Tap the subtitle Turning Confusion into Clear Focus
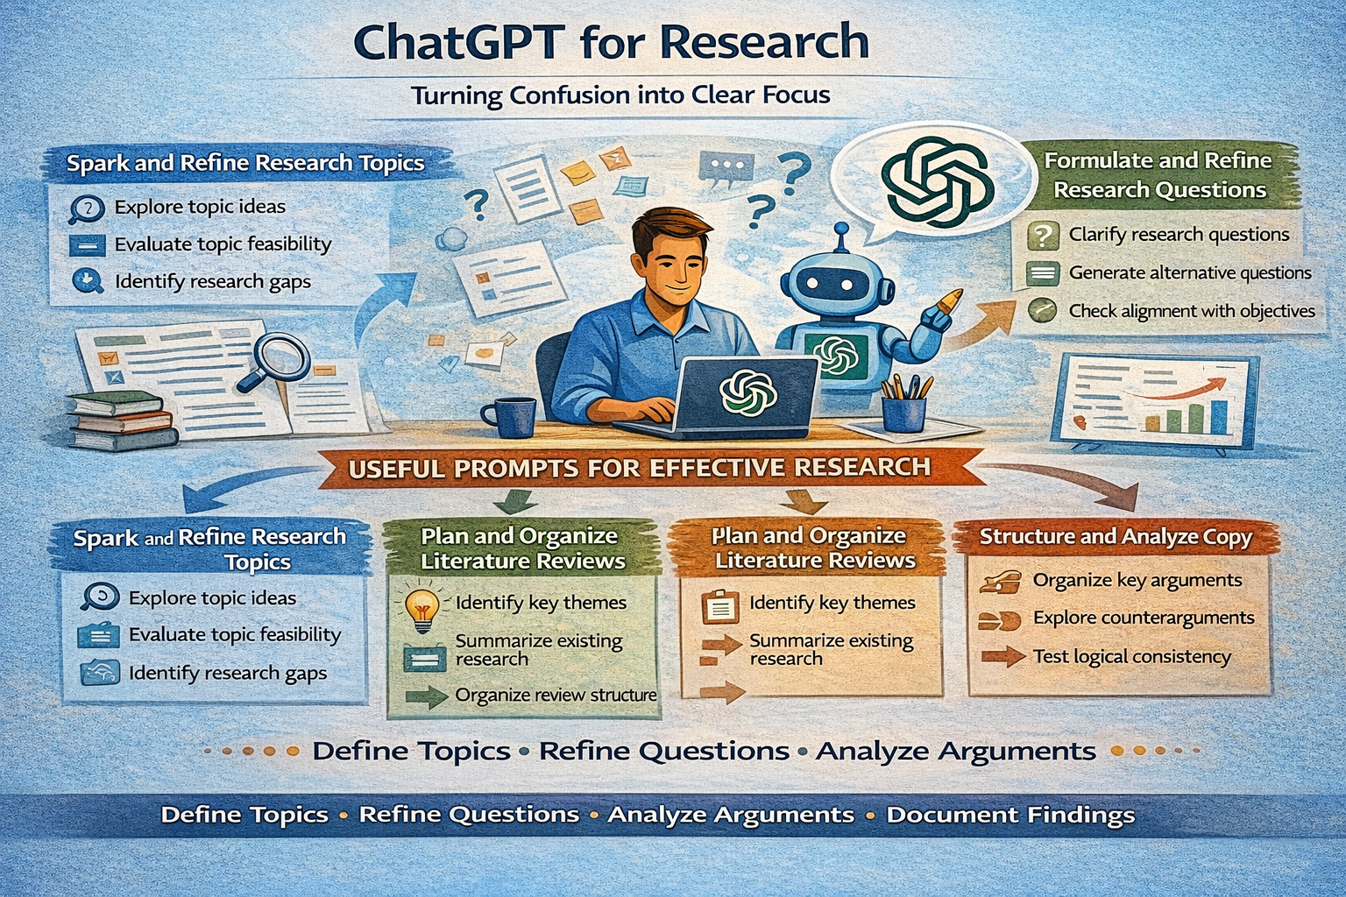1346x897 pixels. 620,95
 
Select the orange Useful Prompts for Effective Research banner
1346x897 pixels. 640,468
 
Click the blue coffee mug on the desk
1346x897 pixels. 510,416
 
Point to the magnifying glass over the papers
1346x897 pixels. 279,360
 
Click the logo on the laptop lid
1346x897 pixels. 747,392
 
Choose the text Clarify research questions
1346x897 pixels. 1179,235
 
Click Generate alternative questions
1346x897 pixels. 1189,273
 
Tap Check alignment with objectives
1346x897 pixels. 1191,311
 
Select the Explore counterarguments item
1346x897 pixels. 1143,618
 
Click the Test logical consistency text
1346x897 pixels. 1131,657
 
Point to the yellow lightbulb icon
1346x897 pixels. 422,608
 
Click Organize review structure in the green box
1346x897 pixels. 556,696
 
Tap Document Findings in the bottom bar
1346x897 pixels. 1009,816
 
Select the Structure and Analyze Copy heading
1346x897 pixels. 1115,537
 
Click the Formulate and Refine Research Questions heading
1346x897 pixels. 1158,175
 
